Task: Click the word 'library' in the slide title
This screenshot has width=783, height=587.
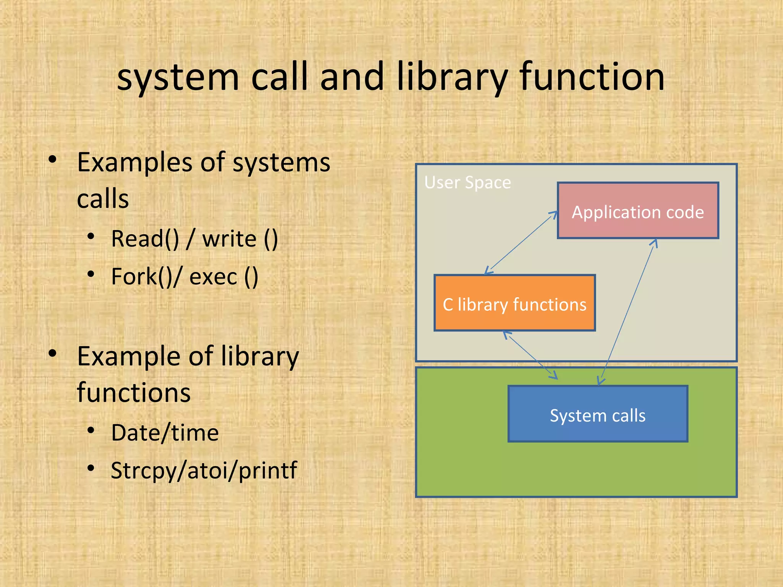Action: pyautogui.click(x=452, y=78)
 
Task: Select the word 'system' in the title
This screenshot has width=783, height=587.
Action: pyautogui.click(x=178, y=78)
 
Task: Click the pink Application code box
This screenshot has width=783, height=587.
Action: pyautogui.click(x=638, y=211)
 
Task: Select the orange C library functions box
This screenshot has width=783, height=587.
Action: pyautogui.click(x=514, y=303)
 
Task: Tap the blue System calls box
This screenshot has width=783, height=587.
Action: pyautogui.click(x=598, y=414)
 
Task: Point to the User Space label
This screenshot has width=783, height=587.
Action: pyautogui.click(x=467, y=183)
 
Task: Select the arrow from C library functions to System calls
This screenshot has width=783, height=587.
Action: pyautogui.click(x=531, y=355)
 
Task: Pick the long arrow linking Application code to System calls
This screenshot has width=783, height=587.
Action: pyautogui.click(x=627, y=311)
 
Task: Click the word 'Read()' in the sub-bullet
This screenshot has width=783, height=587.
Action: pyautogui.click(x=145, y=239)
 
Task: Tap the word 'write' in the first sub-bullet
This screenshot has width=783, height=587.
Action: pyautogui.click(x=229, y=239)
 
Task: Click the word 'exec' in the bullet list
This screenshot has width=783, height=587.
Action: pyautogui.click(x=213, y=277)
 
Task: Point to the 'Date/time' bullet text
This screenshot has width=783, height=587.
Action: pyautogui.click(x=165, y=433)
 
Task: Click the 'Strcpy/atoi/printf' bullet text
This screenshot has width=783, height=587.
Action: pyautogui.click(x=204, y=470)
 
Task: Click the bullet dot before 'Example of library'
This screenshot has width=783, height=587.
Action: pyautogui.click(x=53, y=353)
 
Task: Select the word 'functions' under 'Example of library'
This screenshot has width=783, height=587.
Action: pyautogui.click(x=134, y=393)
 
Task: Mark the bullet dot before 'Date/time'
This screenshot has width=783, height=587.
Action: pyautogui.click(x=91, y=431)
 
